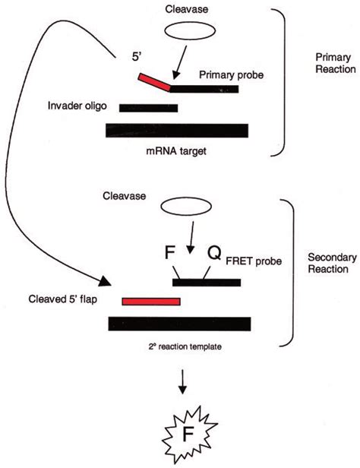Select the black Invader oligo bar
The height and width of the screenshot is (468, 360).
click(148, 108)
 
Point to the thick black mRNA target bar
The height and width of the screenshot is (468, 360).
click(176, 130)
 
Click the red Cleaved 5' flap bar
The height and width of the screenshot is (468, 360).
click(151, 302)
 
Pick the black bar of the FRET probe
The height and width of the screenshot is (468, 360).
click(207, 283)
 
